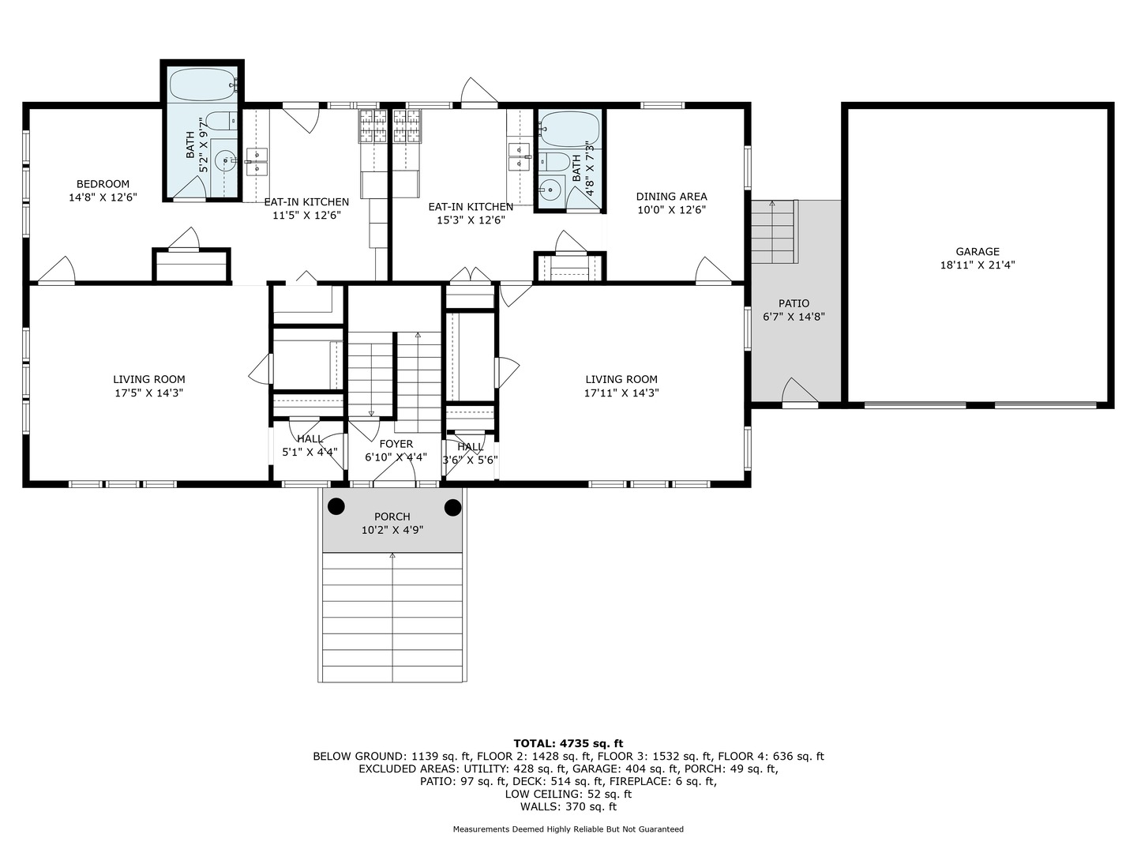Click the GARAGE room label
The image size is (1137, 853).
(978, 252)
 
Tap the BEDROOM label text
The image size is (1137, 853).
(103, 184)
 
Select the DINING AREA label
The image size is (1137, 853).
(671, 197)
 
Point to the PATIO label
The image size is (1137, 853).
(794, 303)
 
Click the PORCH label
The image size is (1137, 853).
(392, 517)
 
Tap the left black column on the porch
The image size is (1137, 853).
(337, 507)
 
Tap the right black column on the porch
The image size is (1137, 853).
(452, 507)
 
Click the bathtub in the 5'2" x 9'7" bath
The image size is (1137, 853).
(201, 84)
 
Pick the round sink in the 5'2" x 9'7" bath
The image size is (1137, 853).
(226, 161)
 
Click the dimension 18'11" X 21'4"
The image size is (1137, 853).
(978, 265)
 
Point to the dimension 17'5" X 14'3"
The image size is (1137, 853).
(148, 393)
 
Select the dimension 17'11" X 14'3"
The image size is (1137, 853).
(621, 393)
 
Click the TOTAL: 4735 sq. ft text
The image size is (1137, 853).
(568, 743)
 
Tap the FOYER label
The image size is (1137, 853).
(396, 444)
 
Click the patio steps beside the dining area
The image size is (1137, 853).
(772, 233)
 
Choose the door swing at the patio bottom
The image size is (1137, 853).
(799, 393)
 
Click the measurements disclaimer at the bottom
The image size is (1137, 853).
(568, 829)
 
